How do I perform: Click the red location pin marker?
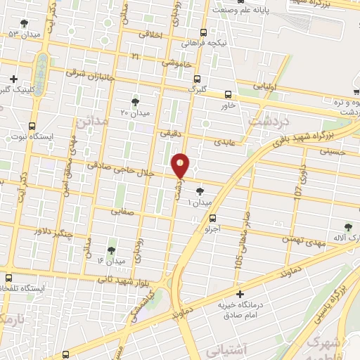(181, 165)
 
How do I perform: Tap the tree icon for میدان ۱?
(200, 190)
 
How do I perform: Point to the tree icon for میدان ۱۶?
(111, 250)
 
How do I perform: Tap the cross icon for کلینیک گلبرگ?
(13, 78)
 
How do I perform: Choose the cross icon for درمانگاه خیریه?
(240, 293)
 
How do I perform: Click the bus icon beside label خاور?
(227, 94)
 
